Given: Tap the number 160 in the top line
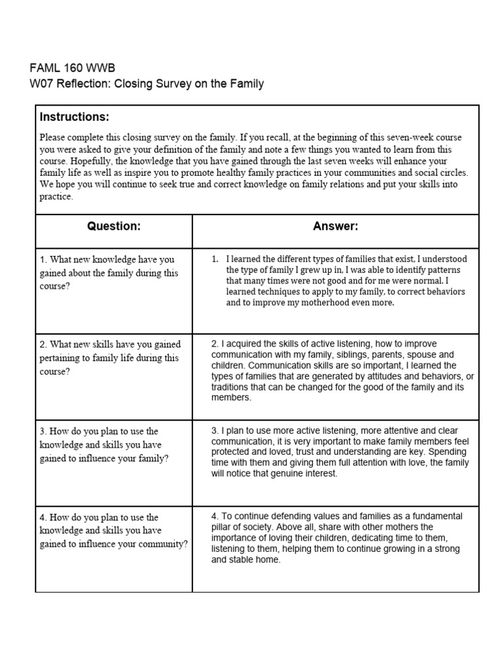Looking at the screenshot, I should (x=75, y=68).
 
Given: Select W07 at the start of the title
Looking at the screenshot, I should (x=41, y=83).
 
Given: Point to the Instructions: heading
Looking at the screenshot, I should (x=74, y=117).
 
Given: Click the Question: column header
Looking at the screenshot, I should (x=114, y=226).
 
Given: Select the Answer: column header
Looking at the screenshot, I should (x=335, y=226).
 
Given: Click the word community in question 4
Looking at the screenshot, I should (x=165, y=544).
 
